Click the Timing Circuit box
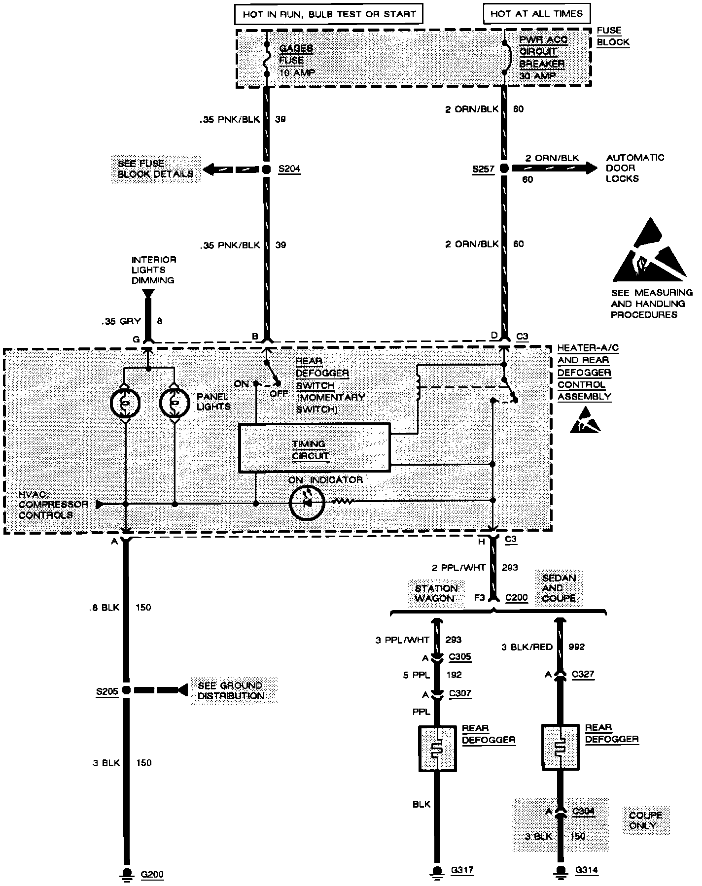(x=314, y=447)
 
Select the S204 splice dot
(x=266, y=170)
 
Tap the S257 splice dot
(x=504, y=169)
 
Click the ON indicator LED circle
(x=307, y=503)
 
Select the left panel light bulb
(x=126, y=403)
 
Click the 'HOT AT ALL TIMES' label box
(x=536, y=14)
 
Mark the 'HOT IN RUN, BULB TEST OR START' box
(x=329, y=14)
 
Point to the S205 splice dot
(x=126, y=690)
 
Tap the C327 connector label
(x=583, y=675)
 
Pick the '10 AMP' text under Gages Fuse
(x=297, y=72)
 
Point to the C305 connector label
(x=460, y=657)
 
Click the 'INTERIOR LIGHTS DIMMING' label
(x=153, y=270)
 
